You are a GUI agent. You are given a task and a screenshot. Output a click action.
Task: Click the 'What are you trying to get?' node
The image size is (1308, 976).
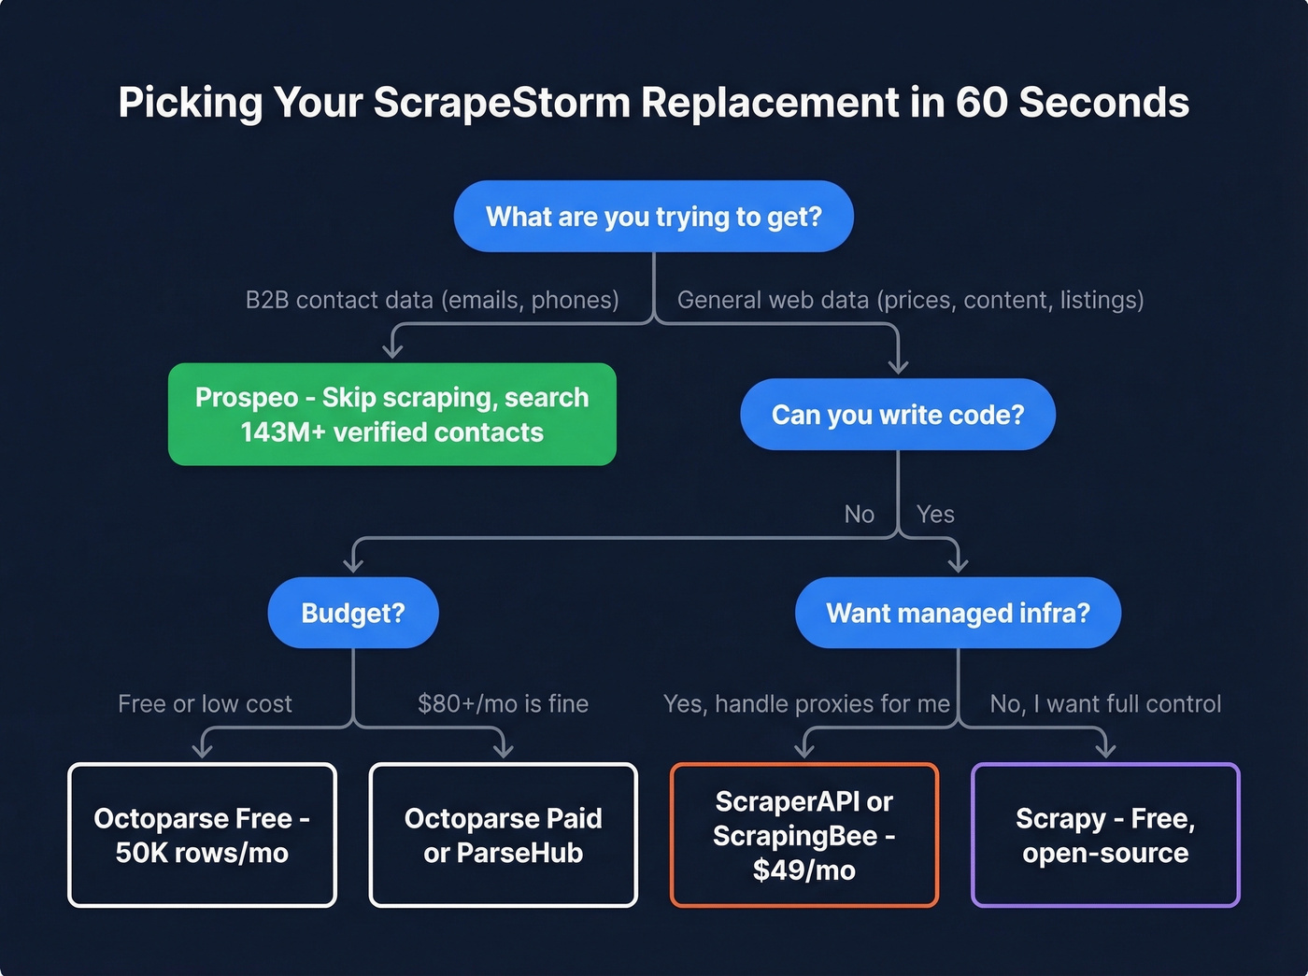653,217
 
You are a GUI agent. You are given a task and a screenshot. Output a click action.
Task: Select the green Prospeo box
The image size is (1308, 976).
391,415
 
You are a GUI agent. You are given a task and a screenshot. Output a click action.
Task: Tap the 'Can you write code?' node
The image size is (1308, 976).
897,415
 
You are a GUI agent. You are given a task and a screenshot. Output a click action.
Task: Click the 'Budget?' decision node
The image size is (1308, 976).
352,613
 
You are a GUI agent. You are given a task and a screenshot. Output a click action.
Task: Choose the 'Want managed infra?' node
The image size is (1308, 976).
958,613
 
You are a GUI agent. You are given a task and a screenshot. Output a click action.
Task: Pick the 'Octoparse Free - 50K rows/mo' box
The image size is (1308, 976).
202,835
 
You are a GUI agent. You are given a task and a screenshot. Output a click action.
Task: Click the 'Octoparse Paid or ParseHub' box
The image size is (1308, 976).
503,835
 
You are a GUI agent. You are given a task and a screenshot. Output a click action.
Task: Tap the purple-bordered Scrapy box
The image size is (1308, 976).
1105,835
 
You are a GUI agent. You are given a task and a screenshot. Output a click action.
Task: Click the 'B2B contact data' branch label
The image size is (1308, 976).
432,300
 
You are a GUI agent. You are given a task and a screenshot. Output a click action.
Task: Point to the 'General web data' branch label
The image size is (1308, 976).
910,300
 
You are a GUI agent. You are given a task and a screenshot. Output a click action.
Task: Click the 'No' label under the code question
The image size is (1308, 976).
859,515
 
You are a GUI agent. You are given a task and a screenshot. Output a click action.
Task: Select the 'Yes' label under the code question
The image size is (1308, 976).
935,515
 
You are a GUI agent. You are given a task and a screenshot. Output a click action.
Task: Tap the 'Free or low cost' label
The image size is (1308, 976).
205,703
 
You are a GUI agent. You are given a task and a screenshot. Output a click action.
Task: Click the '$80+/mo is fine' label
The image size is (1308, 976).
503,703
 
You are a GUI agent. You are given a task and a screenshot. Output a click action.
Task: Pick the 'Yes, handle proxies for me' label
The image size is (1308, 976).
806,703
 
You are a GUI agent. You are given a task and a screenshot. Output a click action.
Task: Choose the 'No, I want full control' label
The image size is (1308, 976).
1105,703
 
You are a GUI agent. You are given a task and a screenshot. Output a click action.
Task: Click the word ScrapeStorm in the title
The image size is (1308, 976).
503,103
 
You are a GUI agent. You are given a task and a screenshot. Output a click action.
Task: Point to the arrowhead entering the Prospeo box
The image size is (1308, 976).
392,351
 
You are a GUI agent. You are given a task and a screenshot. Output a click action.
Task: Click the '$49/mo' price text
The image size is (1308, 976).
803,870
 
